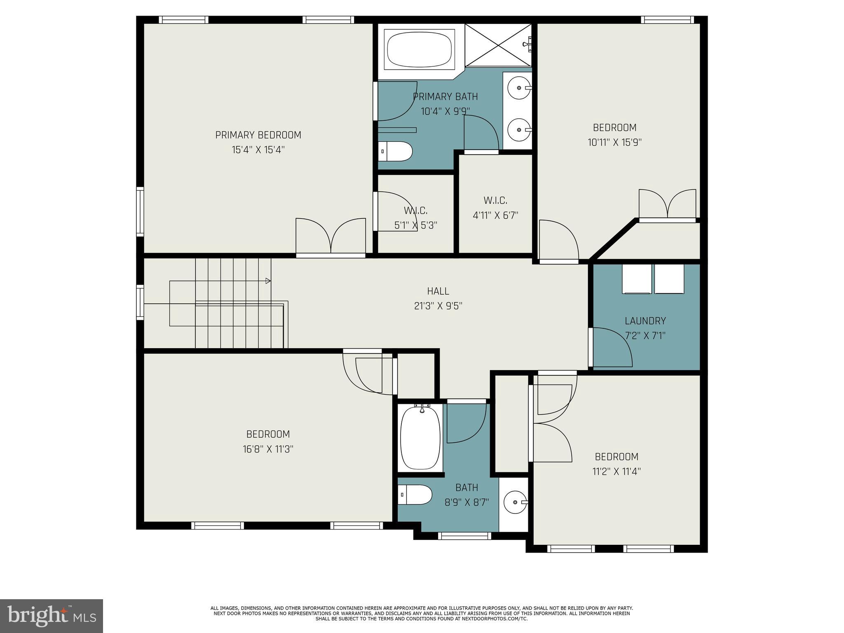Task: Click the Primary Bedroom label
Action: [x=258, y=135]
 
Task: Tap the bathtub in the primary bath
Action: [x=420, y=49]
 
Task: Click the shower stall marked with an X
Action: [x=498, y=45]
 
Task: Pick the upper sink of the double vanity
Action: [x=518, y=88]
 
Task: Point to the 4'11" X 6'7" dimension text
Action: [x=495, y=215]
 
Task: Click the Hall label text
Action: [x=438, y=291]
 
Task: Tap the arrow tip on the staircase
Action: [x=268, y=281]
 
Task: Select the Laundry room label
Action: [x=645, y=321]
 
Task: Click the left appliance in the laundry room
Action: [x=636, y=279]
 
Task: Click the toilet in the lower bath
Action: [x=415, y=495]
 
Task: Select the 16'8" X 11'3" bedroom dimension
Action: [x=268, y=449]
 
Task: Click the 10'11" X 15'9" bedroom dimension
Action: [x=614, y=143]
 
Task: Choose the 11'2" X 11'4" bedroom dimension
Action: [x=617, y=471]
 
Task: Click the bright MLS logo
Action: [x=52, y=616]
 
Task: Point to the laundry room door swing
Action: [x=612, y=347]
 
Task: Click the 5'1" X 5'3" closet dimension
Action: [x=415, y=225]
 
